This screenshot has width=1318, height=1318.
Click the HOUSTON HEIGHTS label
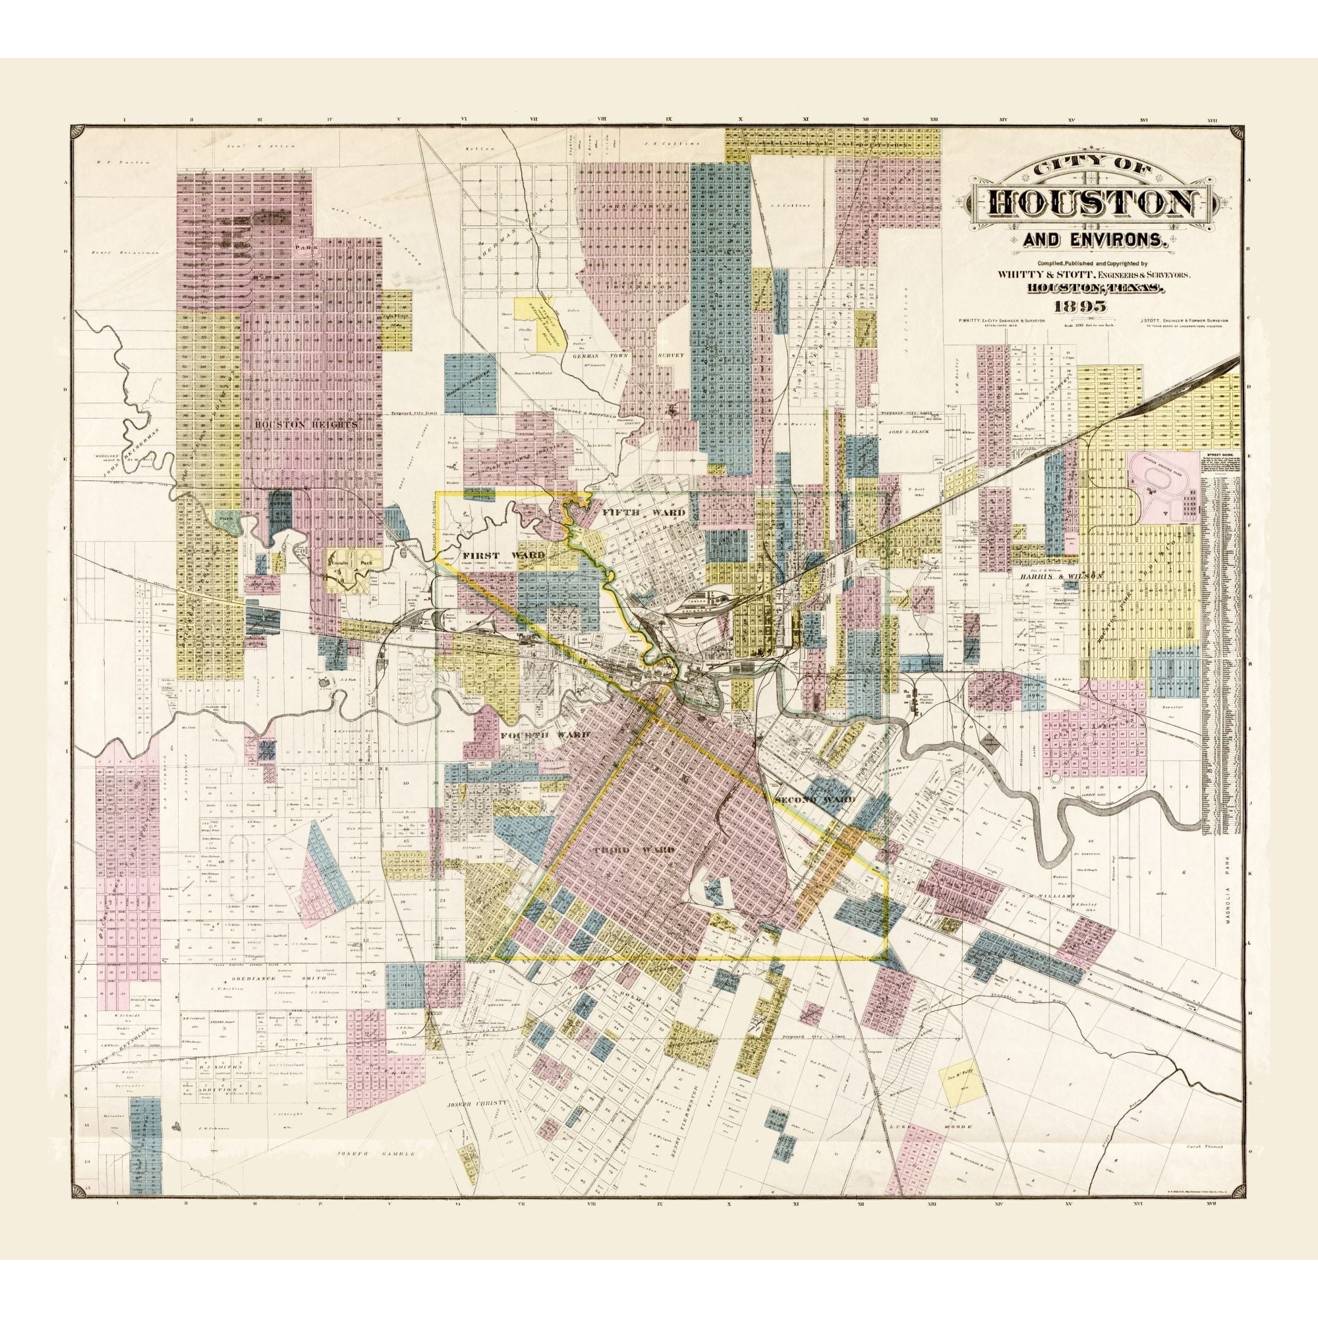(x=306, y=424)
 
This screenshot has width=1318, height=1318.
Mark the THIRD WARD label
(x=625, y=851)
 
